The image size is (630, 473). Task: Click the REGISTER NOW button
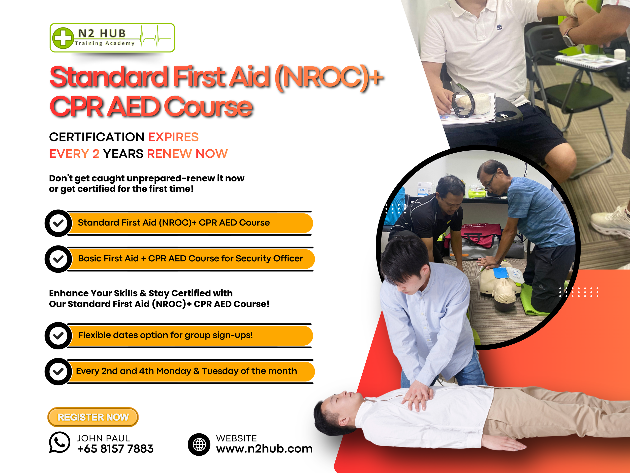pyautogui.click(x=93, y=417)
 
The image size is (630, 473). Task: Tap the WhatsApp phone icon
pyautogui.click(x=59, y=442)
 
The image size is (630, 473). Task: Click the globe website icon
pyautogui.click(x=199, y=444)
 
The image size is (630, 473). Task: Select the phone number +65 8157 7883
pyautogui.click(x=115, y=449)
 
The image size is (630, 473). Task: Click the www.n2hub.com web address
pyautogui.click(x=264, y=449)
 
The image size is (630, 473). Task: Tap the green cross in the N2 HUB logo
pyautogui.click(x=63, y=38)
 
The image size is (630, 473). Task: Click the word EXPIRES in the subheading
pyautogui.click(x=173, y=137)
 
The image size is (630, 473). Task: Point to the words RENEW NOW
pyautogui.click(x=187, y=154)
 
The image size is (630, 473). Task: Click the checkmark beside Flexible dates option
pyautogui.click(x=58, y=336)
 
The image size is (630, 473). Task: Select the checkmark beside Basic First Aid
pyautogui.click(x=58, y=259)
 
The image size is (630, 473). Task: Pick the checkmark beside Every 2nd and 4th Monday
pyautogui.click(x=58, y=372)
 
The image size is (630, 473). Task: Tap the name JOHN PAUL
pyautogui.click(x=103, y=438)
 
